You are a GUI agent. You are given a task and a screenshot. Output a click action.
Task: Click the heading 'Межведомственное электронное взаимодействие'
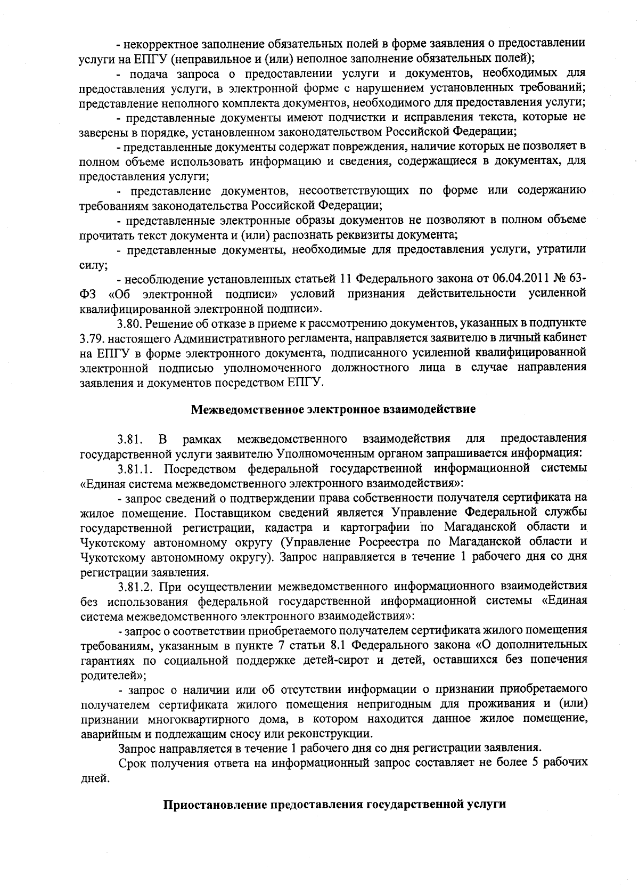(333, 410)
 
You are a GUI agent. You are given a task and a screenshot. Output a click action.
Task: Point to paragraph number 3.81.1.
(136, 469)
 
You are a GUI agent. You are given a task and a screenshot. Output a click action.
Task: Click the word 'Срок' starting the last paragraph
(132, 762)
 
